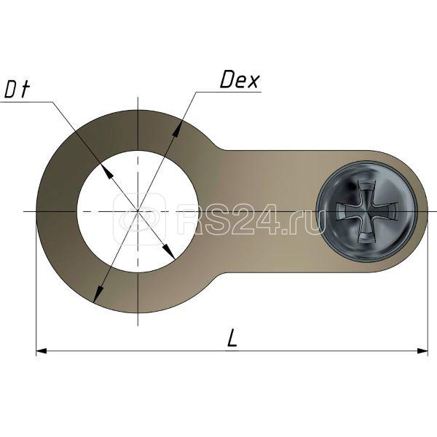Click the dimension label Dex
(x=240, y=79)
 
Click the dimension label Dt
(x=17, y=89)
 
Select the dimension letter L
(x=232, y=338)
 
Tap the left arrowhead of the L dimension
(x=42, y=351)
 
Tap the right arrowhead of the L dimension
(x=422, y=351)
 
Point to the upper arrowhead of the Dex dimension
(x=176, y=130)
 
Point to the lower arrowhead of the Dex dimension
(x=98, y=293)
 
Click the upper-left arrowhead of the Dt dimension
(x=107, y=172)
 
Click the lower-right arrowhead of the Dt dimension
(x=169, y=252)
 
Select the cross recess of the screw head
(x=366, y=211)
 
